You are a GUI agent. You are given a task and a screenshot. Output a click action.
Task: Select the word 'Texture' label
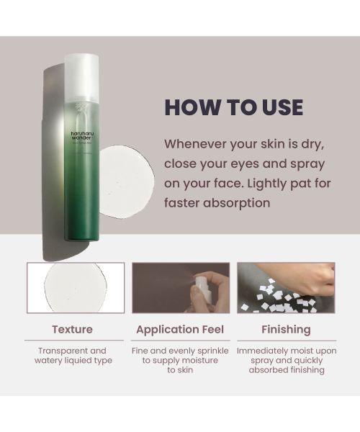pos(72,329)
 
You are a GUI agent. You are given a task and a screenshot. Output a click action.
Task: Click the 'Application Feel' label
pos(180,329)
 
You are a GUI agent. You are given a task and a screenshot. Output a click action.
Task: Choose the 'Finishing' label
pos(287,329)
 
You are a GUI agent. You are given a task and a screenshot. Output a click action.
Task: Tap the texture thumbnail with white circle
pos(76,287)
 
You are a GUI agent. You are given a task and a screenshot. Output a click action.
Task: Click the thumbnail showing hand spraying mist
pos(180,287)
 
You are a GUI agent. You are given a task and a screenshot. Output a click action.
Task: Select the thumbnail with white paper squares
pos(287,287)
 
